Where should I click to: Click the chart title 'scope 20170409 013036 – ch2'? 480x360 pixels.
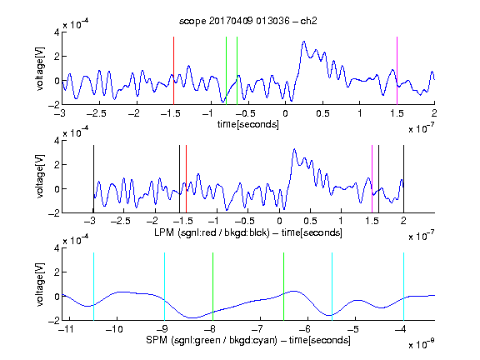(248, 21)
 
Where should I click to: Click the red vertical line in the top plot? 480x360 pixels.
(173, 71)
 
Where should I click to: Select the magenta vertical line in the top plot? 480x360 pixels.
(397, 71)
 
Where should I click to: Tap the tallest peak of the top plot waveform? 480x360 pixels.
(303, 42)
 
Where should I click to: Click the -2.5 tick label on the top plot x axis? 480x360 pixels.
(96, 113)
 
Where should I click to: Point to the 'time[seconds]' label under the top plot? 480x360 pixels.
(248, 124)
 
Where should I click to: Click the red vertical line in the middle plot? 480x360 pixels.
(186, 179)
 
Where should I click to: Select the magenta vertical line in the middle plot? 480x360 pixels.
(372, 179)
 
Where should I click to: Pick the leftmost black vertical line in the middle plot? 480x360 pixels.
(93, 179)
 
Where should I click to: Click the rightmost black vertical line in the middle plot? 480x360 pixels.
(403, 179)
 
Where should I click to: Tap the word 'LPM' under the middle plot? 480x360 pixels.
(164, 232)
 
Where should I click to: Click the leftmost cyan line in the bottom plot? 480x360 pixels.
(93, 287)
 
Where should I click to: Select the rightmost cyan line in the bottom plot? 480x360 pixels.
(403, 287)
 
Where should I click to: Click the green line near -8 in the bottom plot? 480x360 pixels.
(212, 287)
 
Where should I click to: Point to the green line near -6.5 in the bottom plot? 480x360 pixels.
(284, 287)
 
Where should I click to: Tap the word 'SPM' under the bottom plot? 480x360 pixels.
(157, 340)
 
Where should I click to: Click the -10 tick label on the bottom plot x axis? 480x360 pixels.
(114, 329)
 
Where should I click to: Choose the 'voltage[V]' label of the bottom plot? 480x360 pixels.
(40, 284)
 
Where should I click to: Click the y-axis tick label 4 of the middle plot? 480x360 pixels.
(57, 141)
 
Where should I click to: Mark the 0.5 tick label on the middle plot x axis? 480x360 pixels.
(310, 221)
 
